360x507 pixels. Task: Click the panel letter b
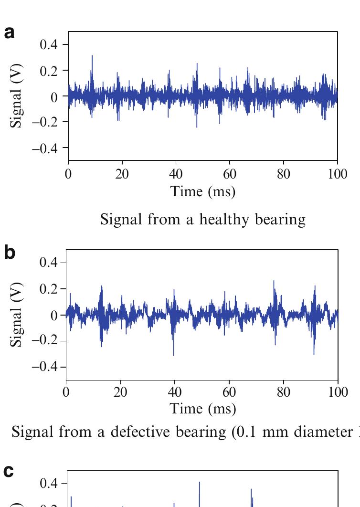tap(10, 253)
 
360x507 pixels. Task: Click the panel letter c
tap(9, 472)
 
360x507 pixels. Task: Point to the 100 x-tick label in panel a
tap(338, 174)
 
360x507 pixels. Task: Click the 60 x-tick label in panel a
tap(230, 174)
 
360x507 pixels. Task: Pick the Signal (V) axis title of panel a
tap(17, 97)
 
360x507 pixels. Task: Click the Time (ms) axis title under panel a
tap(203, 192)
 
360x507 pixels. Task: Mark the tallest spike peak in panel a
tap(92, 56)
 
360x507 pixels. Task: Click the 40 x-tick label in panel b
tap(175, 393)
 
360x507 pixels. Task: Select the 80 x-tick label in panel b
tap(284, 393)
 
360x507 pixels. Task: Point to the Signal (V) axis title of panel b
tap(17, 316)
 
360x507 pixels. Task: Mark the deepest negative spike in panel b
tap(174, 355)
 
